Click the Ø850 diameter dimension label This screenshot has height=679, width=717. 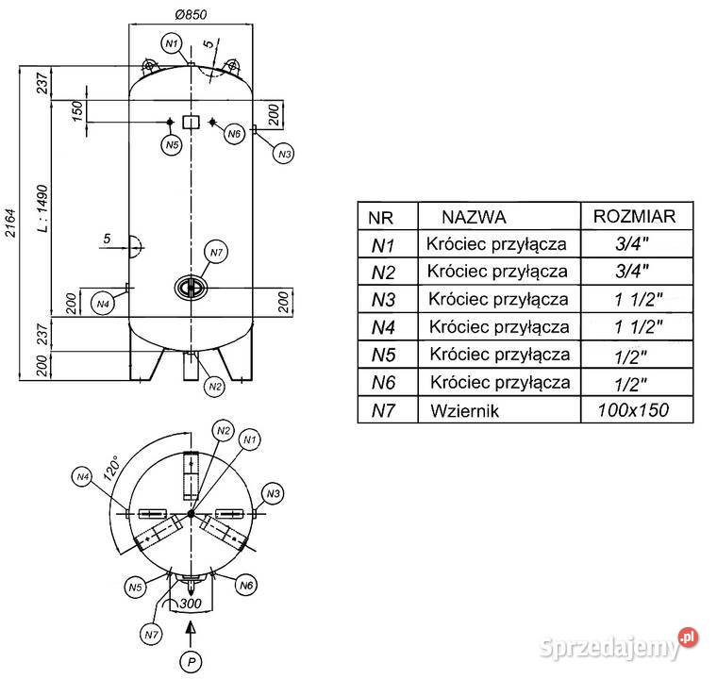(x=191, y=15)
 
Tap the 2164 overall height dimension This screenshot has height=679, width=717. (x=10, y=224)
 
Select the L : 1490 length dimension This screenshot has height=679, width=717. (x=42, y=208)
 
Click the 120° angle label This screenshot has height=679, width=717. (x=111, y=468)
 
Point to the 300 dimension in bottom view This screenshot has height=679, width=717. (x=191, y=604)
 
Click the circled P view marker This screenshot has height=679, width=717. (x=192, y=661)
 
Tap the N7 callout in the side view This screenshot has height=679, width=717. (x=216, y=253)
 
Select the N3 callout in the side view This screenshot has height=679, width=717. (x=284, y=154)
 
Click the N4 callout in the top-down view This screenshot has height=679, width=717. (x=82, y=477)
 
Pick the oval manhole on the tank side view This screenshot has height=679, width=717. (x=191, y=288)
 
